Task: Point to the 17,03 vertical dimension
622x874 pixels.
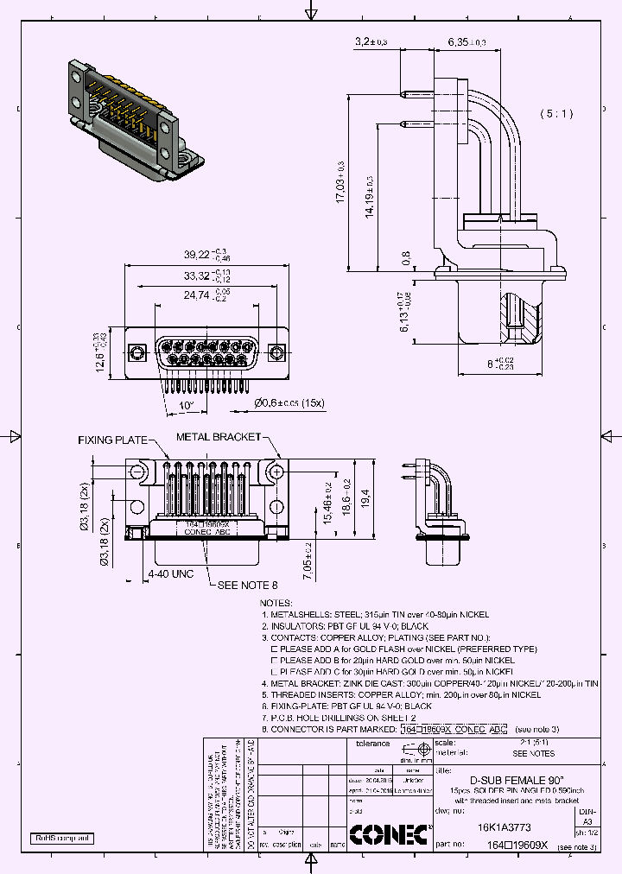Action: [341, 181]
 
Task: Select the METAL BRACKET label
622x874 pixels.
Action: [218, 437]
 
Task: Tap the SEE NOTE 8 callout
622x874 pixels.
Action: [247, 586]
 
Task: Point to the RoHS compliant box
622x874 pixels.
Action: [62, 839]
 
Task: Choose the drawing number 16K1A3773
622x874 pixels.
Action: [505, 826]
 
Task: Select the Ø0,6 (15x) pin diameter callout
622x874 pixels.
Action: [289, 402]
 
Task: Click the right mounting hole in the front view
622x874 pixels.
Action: [276, 351]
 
